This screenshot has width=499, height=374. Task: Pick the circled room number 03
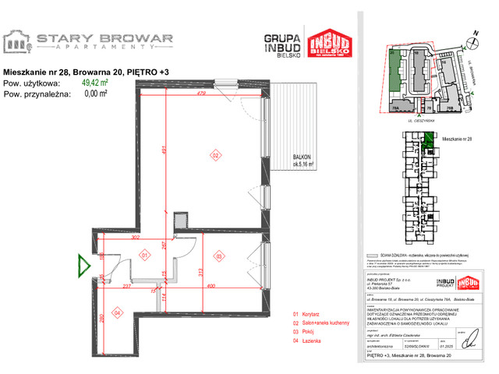coord(220,256)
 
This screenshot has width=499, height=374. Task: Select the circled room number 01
coord(143,255)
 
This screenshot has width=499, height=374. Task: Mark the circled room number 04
coord(117,312)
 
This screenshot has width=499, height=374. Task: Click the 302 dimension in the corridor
coord(134,238)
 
